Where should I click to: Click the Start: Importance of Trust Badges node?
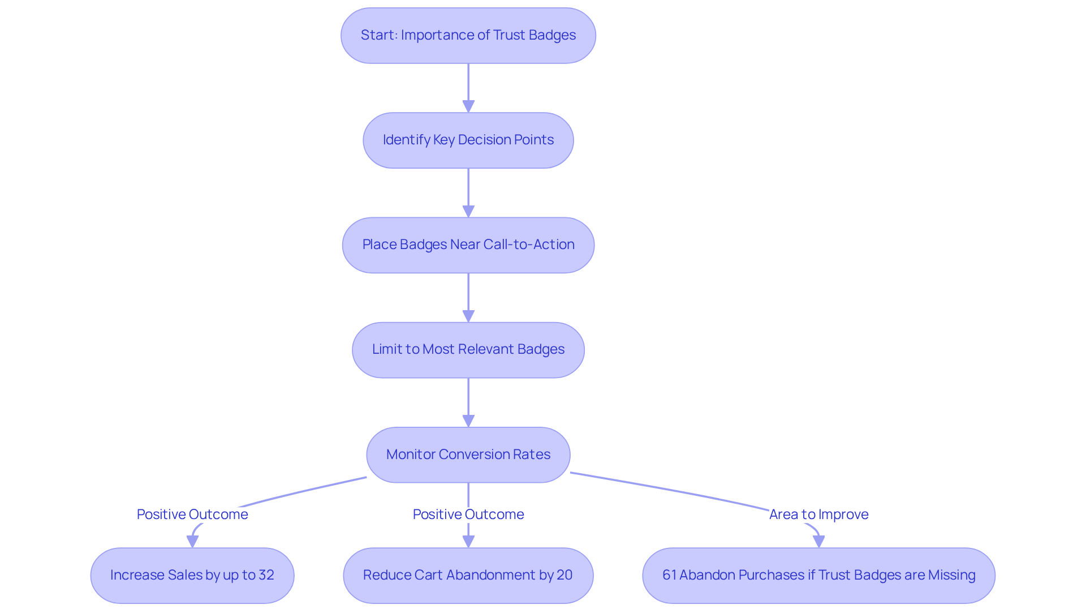pyautogui.click(x=468, y=35)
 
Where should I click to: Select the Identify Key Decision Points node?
pyautogui.click(x=468, y=140)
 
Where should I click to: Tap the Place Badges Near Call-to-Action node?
pyautogui.click(x=468, y=245)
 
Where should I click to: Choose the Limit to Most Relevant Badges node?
pyautogui.click(x=468, y=349)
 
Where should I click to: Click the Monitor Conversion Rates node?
pyautogui.click(x=468, y=455)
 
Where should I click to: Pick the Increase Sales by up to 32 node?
pyautogui.click(x=192, y=575)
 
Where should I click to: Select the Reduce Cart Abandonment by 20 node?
pyautogui.click(x=468, y=575)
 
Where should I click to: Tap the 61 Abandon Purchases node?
pyautogui.click(x=818, y=575)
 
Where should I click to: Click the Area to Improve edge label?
pyautogui.click(x=818, y=514)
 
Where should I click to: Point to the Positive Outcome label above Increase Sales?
pyautogui.click(x=192, y=514)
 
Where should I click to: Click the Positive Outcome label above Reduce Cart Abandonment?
pyautogui.click(x=468, y=514)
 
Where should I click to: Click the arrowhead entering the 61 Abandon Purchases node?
pyautogui.click(x=818, y=541)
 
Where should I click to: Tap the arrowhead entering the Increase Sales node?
pyautogui.click(x=192, y=541)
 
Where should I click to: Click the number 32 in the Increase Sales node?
pyautogui.click(x=266, y=575)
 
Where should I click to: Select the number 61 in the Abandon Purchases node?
pyautogui.click(x=669, y=575)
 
